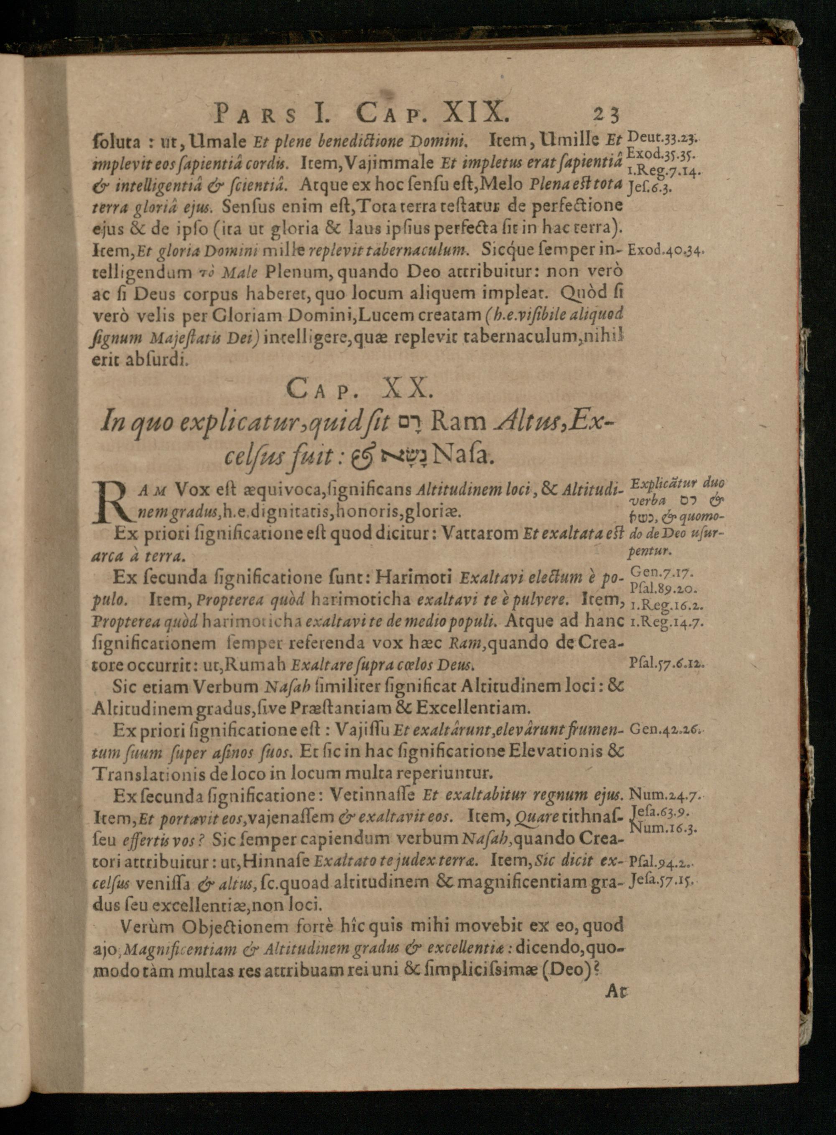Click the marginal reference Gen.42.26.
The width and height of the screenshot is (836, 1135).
(664, 729)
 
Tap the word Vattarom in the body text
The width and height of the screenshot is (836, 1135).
(473, 534)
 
